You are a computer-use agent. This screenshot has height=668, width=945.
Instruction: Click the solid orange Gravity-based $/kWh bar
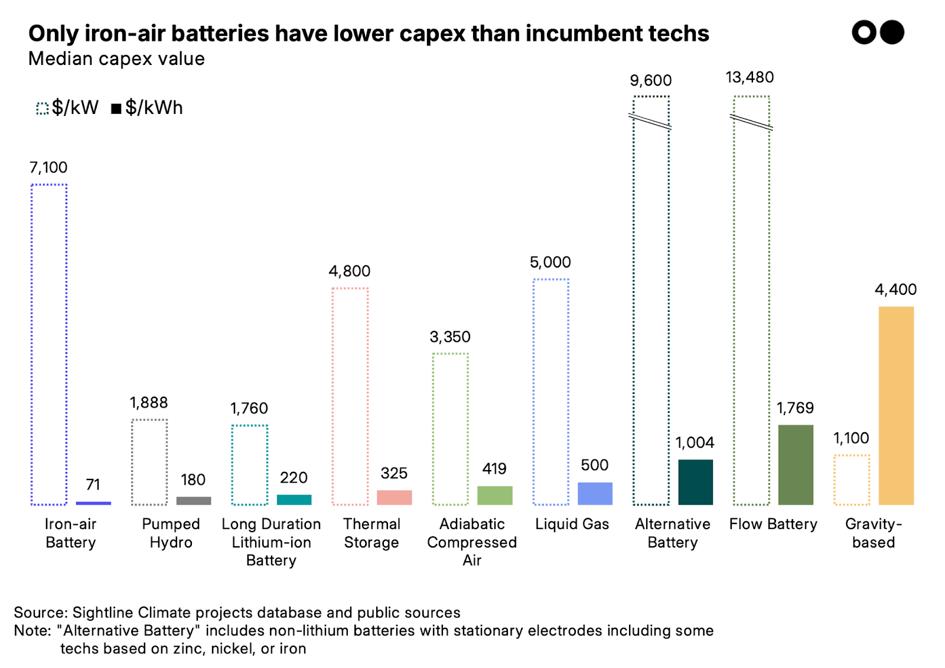click(896, 405)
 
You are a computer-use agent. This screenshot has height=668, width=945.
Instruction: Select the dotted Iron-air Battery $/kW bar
click(49, 344)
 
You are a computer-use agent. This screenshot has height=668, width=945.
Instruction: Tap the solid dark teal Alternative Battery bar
click(695, 482)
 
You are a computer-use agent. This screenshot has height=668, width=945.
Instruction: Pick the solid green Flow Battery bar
click(796, 465)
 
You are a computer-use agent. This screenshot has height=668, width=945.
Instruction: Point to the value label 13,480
click(750, 77)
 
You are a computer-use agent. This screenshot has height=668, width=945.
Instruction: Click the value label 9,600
click(650, 80)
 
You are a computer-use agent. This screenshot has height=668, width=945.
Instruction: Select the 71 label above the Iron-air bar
click(93, 484)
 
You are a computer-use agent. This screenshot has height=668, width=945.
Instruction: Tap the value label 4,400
click(895, 289)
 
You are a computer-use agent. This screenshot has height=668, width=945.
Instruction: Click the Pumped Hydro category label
click(171, 533)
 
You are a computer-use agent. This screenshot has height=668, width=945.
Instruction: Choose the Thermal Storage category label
click(372, 533)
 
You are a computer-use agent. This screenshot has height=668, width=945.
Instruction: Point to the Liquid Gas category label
click(572, 524)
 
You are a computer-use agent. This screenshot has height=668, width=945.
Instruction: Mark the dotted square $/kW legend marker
click(42, 109)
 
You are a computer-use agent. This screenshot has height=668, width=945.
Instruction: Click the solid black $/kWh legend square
click(116, 109)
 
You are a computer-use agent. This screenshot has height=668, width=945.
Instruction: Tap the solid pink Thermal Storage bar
click(394, 497)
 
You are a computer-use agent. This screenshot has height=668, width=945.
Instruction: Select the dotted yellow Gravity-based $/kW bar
click(852, 480)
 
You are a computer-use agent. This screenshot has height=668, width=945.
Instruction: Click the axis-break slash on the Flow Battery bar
click(751, 122)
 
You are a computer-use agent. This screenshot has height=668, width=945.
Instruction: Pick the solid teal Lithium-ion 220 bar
click(294, 500)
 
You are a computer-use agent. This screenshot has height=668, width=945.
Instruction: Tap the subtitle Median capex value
click(116, 59)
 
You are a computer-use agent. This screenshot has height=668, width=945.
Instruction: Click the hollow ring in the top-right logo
click(864, 32)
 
